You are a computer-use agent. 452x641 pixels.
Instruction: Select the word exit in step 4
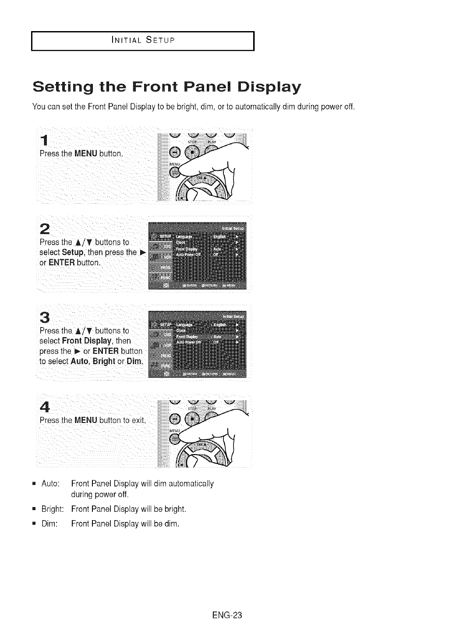(138, 421)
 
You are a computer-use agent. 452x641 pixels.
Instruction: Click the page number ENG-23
(226, 615)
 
